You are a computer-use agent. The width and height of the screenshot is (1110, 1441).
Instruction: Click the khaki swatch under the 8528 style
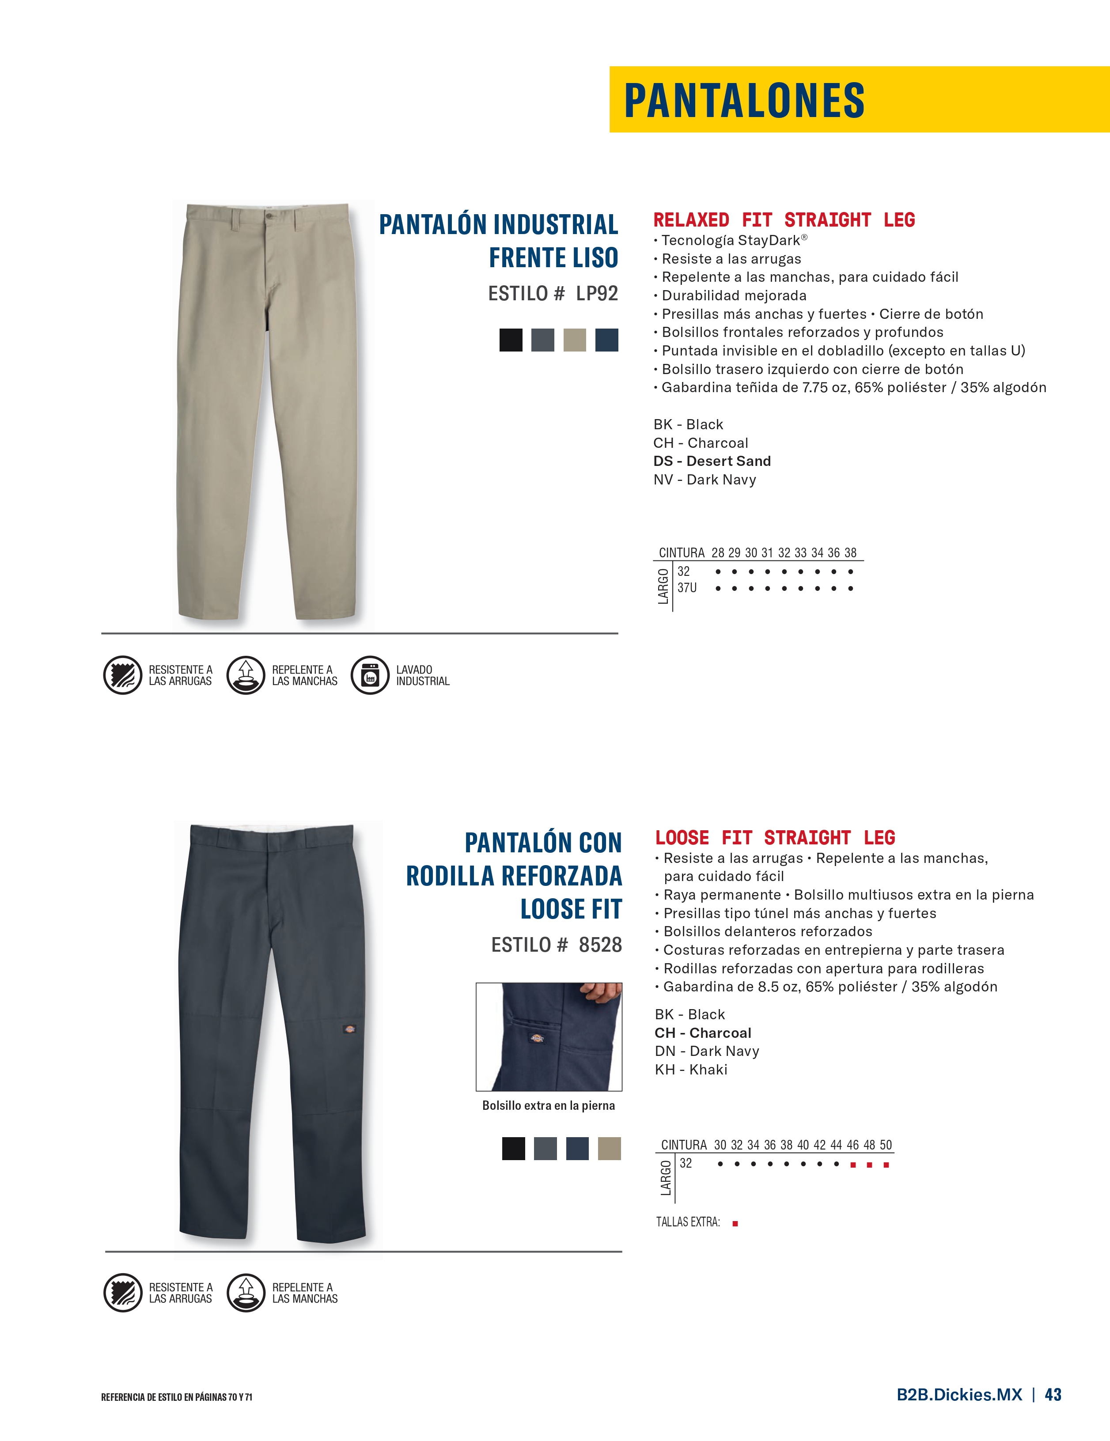tap(609, 1149)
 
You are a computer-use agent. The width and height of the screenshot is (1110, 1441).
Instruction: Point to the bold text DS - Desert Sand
tap(712, 461)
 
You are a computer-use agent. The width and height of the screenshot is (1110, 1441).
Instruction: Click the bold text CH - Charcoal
tap(703, 1033)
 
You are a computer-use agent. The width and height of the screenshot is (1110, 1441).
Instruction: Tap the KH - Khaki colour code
tap(691, 1070)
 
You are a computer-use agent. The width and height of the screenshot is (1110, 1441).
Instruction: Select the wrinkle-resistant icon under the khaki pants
tap(123, 675)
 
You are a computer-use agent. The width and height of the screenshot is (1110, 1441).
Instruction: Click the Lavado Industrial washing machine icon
tap(370, 675)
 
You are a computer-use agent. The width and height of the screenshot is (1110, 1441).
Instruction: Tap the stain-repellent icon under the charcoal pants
tap(246, 1293)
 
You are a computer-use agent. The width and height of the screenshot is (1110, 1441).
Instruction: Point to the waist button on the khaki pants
tap(269, 215)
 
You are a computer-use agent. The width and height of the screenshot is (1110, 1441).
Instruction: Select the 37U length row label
tap(687, 588)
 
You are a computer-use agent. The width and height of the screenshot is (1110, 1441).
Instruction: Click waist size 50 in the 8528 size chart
tap(886, 1146)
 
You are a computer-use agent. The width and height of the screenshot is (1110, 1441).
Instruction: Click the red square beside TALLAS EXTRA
tap(735, 1223)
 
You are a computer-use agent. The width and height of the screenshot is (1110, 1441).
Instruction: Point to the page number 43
tap(1053, 1395)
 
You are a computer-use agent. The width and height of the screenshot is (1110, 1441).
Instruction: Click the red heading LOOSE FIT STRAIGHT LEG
tap(775, 838)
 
